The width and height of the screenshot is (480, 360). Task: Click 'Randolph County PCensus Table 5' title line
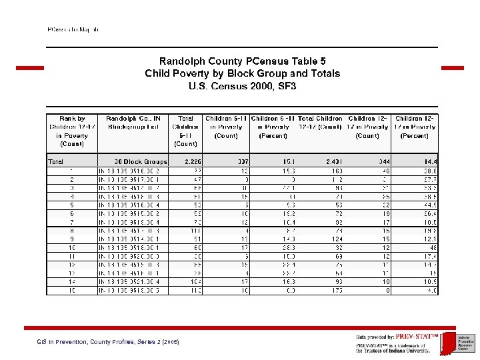pyautogui.click(x=242, y=61)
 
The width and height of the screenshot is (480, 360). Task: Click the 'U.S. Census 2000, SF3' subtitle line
pyautogui.click(x=242, y=86)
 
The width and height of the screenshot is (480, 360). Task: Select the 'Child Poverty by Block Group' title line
pyautogui.click(x=242, y=73)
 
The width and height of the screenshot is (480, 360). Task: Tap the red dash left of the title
pyautogui.click(x=29, y=68)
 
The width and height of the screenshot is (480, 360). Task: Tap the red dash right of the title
pyautogui.click(x=452, y=68)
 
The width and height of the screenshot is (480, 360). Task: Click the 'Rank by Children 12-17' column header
pyautogui.click(x=72, y=131)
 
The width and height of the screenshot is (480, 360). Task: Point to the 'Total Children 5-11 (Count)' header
pyautogui.click(x=185, y=131)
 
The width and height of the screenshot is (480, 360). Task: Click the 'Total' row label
pyautogui.click(x=56, y=161)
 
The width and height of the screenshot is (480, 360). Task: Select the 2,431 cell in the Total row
pyautogui.click(x=333, y=161)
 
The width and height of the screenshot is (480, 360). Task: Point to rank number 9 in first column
pyautogui.click(x=72, y=239)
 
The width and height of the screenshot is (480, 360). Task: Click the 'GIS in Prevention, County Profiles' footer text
pyautogui.click(x=107, y=342)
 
